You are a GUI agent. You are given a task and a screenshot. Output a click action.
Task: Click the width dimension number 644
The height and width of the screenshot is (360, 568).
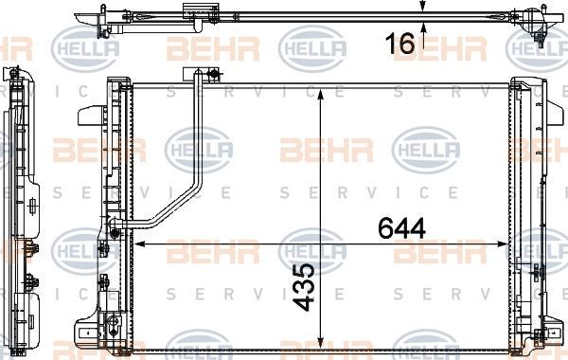[x=401, y=228]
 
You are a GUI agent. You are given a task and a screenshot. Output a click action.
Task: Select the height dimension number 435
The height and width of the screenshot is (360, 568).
[x=305, y=287]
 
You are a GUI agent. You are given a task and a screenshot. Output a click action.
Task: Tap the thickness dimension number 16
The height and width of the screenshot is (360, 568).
[x=399, y=44]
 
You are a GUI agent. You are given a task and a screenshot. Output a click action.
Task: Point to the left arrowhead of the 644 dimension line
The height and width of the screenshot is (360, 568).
[x=139, y=244]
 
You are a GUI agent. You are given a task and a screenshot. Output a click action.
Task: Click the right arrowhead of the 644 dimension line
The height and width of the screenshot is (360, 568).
[x=503, y=244]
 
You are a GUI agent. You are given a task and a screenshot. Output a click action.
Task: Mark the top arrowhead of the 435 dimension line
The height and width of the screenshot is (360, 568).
[x=320, y=95]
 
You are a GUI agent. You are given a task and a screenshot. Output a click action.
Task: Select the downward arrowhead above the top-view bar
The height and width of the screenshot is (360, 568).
[x=423, y=7]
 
